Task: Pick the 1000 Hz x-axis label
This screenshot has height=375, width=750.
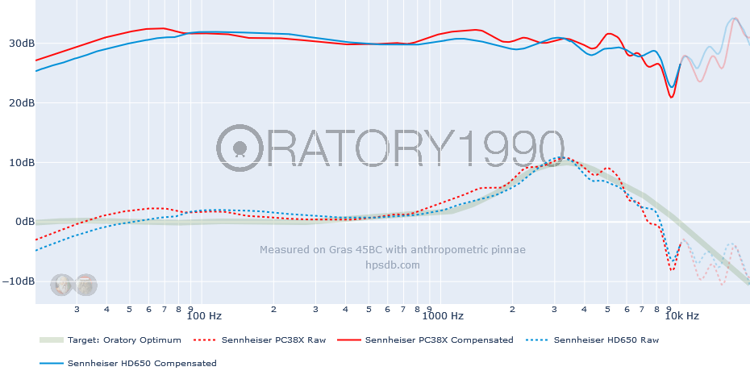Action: tap(446, 315)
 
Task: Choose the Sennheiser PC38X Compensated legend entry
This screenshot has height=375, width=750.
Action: tap(439, 340)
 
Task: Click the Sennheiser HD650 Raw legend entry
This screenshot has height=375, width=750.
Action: tap(606, 340)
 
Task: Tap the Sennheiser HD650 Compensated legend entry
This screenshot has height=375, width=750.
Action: tap(142, 364)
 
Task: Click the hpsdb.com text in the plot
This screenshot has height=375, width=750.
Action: tap(393, 265)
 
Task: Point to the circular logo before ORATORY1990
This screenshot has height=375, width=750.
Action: tap(240, 148)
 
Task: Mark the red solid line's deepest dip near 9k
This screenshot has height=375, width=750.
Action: tap(671, 98)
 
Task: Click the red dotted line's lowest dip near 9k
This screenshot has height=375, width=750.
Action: tap(672, 269)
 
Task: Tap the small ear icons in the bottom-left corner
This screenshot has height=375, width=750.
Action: tap(74, 285)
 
